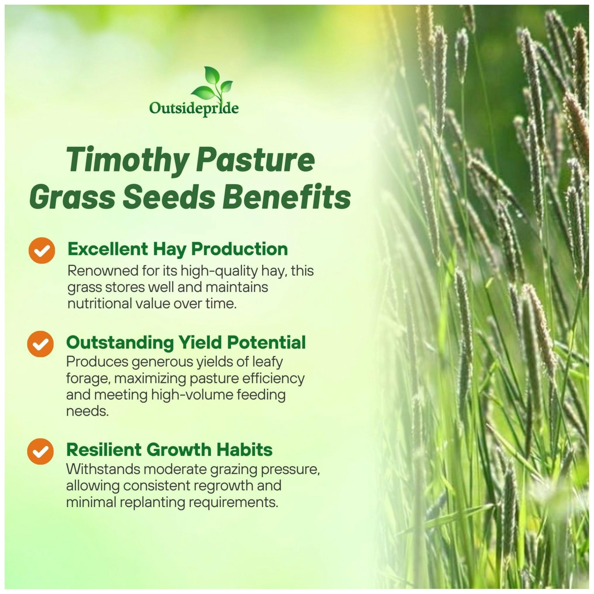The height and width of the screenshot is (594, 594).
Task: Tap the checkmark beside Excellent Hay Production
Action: (42, 251)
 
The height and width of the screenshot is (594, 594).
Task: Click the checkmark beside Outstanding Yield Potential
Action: (40, 344)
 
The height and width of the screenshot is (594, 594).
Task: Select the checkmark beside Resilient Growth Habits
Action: (40, 451)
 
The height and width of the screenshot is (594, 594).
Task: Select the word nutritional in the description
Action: (100, 304)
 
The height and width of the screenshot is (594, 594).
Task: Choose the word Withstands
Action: (103, 469)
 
